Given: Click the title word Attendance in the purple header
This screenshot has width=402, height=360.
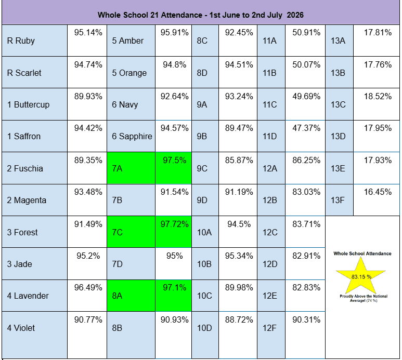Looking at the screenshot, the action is coord(181,15).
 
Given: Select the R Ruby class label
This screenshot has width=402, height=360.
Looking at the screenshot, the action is coord(21,41).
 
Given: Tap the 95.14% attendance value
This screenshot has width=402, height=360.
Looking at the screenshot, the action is coord(88,33).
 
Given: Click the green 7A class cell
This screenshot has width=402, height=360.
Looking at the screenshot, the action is coord(131,168).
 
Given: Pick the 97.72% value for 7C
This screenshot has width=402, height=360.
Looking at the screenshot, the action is coord(175,224).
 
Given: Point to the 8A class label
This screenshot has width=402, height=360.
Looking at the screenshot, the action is coord(117,296).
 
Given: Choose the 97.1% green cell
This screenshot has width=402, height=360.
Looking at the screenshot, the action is coord(173,296).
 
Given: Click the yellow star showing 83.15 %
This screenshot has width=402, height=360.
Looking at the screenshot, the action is coord(361,276).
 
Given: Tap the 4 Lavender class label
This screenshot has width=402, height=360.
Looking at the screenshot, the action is coord(28,296).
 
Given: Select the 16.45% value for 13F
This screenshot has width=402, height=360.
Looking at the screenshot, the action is coord(378,192).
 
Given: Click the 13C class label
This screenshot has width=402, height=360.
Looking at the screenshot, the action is coord(338,104).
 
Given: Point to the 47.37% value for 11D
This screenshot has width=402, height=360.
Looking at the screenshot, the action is coord(306,128).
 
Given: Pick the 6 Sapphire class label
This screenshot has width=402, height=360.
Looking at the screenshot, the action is coord(132,136).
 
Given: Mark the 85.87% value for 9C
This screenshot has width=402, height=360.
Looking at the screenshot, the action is coord(239,160).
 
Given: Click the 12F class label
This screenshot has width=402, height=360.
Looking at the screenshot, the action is coord(269,328).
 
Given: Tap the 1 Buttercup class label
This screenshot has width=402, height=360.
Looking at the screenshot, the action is coord(29,104).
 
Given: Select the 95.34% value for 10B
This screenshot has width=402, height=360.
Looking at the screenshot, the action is coord(239,256).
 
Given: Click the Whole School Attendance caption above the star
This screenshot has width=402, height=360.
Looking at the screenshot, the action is coord(362,254).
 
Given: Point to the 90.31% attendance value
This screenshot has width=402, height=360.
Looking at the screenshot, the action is coord(306,319).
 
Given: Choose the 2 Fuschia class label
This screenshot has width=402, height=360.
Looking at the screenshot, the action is coord(25,168).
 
